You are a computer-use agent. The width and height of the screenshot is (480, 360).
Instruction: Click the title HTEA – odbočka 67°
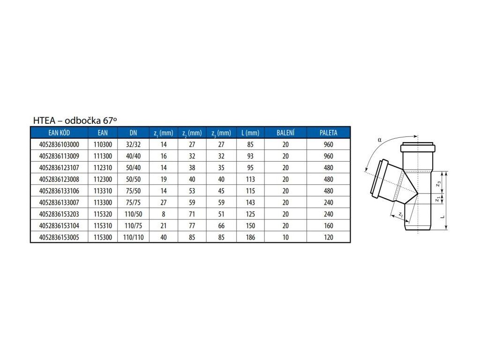point(75,120)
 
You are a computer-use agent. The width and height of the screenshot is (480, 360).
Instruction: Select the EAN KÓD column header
point(59,133)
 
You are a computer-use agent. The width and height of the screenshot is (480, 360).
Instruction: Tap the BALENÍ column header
point(285,133)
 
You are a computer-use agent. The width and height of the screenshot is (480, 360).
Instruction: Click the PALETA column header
point(329,133)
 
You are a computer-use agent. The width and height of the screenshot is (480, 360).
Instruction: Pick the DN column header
point(133,133)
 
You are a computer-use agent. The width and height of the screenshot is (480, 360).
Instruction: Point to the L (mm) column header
point(250,133)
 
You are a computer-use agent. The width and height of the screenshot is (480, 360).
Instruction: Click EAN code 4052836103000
point(59,144)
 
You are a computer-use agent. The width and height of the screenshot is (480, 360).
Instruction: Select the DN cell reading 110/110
point(133,237)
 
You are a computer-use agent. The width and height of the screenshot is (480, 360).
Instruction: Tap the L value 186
point(250,237)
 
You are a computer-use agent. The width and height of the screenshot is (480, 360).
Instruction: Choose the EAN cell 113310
point(103,191)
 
